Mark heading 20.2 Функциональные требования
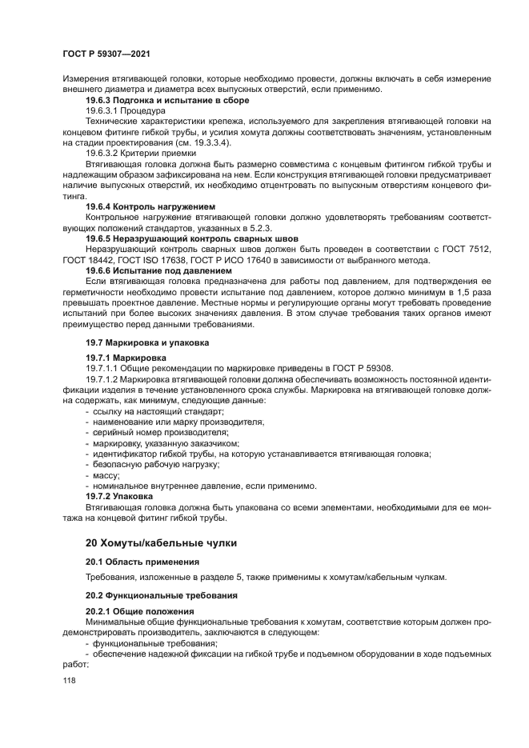click(153, 596)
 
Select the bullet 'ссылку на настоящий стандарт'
click(157, 410)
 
